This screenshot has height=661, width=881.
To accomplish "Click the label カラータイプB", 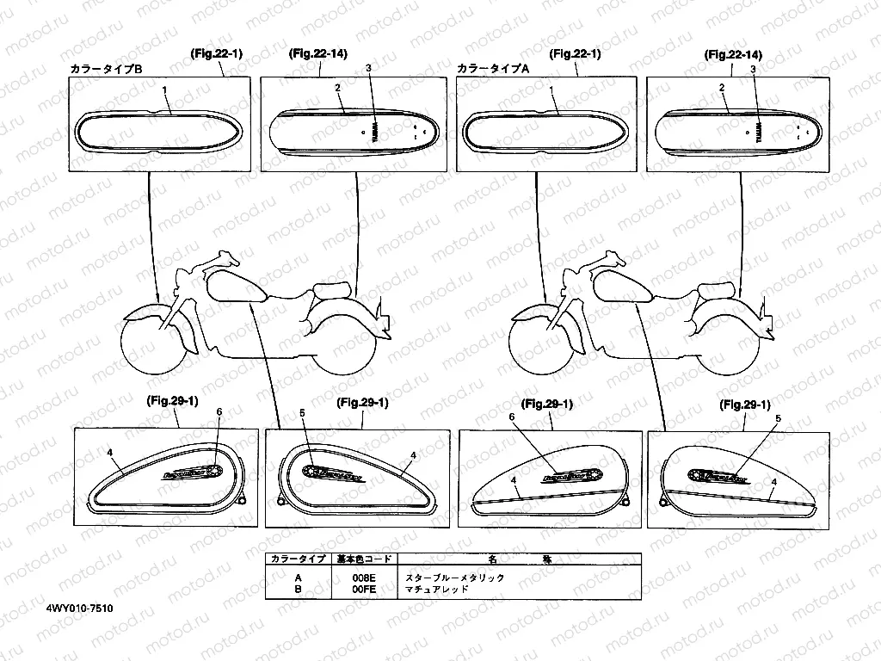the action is click(106, 68).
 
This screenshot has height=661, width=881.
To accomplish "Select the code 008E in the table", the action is click(365, 578).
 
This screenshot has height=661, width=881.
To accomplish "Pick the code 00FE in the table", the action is click(365, 590).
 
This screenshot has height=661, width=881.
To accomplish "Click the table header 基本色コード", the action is click(365, 559).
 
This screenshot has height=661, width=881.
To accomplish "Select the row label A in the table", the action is click(298, 578).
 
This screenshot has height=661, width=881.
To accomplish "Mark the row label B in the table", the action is click(298, 590).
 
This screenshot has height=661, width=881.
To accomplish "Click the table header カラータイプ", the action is click(298, 559).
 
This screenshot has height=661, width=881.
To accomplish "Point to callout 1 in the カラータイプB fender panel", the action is click(164, 90).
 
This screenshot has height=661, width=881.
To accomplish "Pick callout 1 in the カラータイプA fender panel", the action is click(551, 90).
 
